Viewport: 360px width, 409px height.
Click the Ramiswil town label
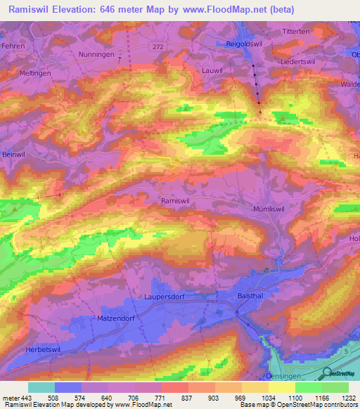point(176,200)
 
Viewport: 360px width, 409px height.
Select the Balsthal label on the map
point(252,297)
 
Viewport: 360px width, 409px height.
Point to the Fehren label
point(13,46)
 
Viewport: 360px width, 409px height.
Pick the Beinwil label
point(14,154)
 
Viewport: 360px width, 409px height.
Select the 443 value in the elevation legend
point(25,397)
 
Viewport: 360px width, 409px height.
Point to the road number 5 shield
point(346,350)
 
